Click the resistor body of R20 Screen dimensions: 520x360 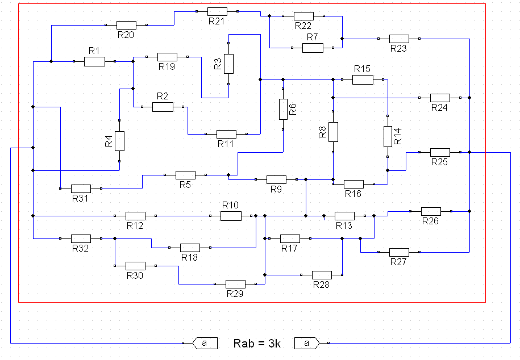coord(126,25)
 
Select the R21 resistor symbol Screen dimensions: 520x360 coord(217,11)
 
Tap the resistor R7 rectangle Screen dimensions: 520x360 coord(313,48)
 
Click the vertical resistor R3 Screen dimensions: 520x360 coord(228,64)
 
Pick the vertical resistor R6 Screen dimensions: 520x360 coord(283,109)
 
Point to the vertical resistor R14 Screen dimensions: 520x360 coord(388,136)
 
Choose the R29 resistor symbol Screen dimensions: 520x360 coord(235,284)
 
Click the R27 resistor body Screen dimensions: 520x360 coord(399,252)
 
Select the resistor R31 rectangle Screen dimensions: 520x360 coord(81,189)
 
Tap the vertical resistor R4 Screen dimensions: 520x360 coord(120,141)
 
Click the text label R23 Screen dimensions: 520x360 coord(398,48)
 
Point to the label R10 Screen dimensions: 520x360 coord(230,205)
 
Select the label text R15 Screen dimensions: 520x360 coord(362,69)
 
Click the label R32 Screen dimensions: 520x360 coord(80,248)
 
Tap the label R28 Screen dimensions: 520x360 coord(321,284)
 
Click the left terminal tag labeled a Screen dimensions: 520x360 coord(205,343)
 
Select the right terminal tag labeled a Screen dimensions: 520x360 coord(307,343)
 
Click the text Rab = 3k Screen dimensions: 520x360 coord(257,344)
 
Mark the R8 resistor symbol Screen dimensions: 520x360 coord(333,132)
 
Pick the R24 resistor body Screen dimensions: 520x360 coord(440,98)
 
